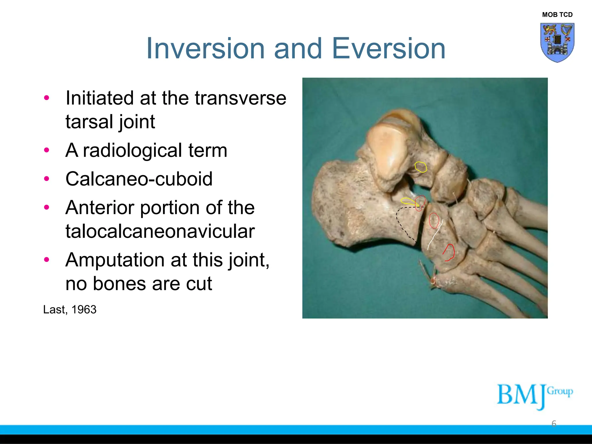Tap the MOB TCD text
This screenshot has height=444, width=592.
click(557, 15)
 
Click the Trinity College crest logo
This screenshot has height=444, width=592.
click(557, 42)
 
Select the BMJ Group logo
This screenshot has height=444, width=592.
click(534, 396)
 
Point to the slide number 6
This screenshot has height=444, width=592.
click(554, 424)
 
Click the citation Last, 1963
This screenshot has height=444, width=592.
click(70, 310)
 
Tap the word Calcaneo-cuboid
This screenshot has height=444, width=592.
click(139, 179)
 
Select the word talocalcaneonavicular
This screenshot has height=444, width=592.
click(160, 231)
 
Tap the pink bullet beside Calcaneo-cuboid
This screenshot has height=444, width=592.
click(47, 179)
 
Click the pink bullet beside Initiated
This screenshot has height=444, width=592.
click(47, 98)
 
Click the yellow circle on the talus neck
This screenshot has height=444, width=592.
click(421, 167)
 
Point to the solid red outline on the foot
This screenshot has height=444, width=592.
click(449, 253)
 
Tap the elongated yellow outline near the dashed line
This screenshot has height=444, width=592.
click(408, 201)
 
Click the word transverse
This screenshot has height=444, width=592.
click(240, 98)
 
